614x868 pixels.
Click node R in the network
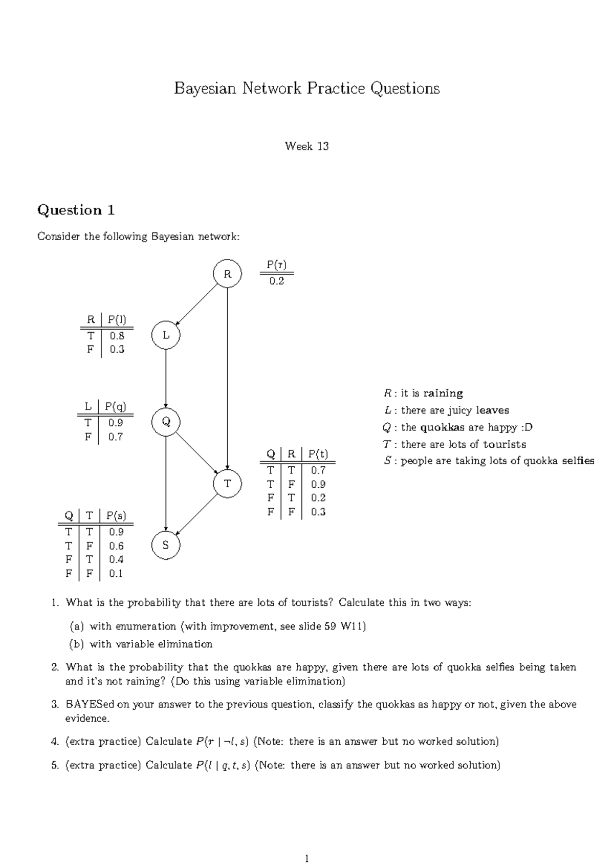pos(227,274)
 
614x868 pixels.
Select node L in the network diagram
pos(166,335)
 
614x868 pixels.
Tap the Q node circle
pos(166,422)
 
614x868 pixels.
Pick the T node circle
pos(227,483)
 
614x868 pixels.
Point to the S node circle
pos(166,545)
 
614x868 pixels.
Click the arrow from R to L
pos(197,305)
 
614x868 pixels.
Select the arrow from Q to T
pos(196,452)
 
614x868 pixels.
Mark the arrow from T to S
pos(197,514)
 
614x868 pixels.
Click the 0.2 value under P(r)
pos(276,281)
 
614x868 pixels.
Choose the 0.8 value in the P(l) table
pos(117,336)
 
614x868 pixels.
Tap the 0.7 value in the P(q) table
pos(116,437)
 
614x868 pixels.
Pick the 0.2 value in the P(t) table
pos(318,497)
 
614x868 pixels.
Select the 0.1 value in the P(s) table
pos(116,573)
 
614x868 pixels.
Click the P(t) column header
pos(318,454)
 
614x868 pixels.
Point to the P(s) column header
pos(116,515)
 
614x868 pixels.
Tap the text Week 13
pos(306,146)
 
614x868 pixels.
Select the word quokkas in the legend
pos(442,427)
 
